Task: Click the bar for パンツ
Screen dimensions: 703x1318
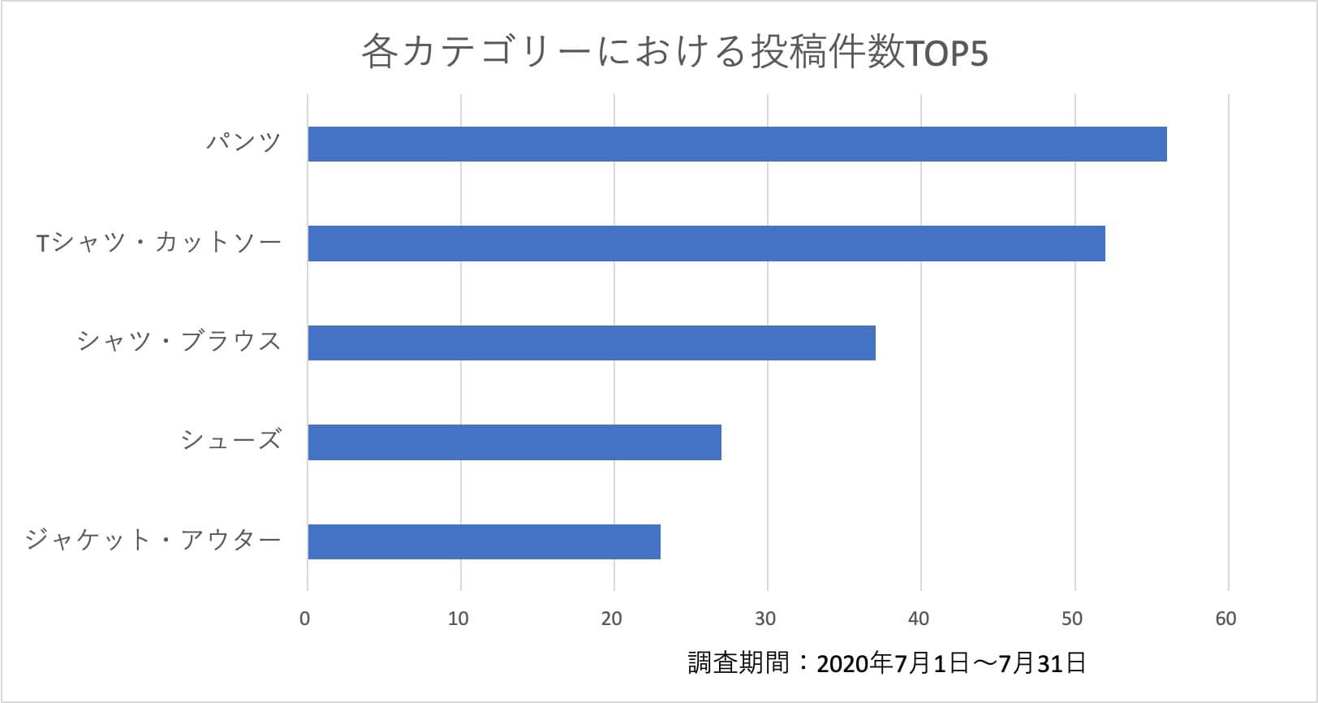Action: pyautogui.click(x=737, y=144)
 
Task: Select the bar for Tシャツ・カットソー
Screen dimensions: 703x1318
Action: pyautogui.click(x=706, y=244)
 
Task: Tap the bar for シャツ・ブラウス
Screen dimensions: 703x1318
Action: pyautogui.click(x=592, y=343)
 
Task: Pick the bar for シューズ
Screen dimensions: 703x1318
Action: pyautogui.click(x=515, y=442)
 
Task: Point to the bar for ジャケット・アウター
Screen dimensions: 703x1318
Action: pyautogui.click(x=484, y=541)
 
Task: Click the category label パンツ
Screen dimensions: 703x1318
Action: pyautogui.click(x=243, y=144)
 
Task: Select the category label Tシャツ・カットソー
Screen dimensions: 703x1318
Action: pyautogui.click(x=159, y=243)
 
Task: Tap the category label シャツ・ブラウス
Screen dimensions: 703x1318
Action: pyautogui.click(x=179, y=342)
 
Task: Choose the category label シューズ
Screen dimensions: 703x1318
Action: pyautogui.click(x=231, y=441)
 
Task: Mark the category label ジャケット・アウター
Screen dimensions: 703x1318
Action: pyautogui.click(x=153, y=540)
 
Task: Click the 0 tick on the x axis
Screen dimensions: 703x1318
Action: pyautogui.click(x=305, y=619)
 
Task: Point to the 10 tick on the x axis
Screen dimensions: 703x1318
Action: pyautogui.click(x=459, y=619)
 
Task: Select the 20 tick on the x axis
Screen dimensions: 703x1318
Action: pyautogui.click(x=612, y=619)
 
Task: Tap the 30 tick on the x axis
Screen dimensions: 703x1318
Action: pyautogui.click(x=765, y=619)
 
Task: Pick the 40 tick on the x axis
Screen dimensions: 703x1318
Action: pyautogui.click(x=919, y=619)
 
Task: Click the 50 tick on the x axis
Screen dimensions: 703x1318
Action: pyautogui.click(x=1072, y=619)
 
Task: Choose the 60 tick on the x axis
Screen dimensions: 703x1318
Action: pyautogui.click(x=1225, y=619)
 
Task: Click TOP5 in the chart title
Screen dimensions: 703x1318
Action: pyautogui.click(x=945, y=54)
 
